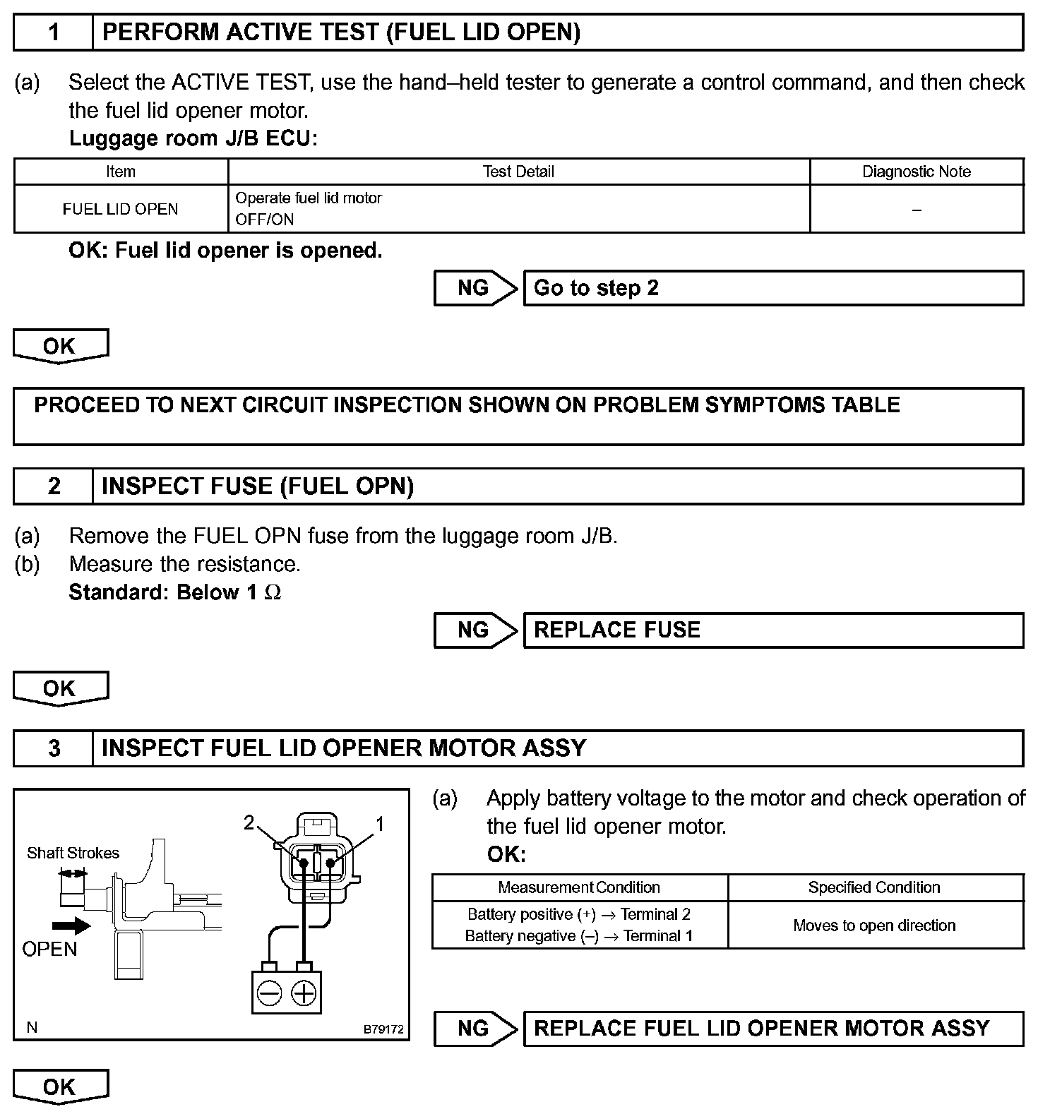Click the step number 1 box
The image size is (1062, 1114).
coord(54,32)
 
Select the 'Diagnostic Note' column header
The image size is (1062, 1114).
coord(916,172)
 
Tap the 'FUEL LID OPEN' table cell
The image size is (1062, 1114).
coord(121,209)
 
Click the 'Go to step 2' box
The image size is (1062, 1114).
coord(772,288)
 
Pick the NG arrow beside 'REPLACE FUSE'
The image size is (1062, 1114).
coord(475,630)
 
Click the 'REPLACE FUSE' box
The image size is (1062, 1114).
coord(772,630)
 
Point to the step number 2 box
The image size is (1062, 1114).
coord(54,486)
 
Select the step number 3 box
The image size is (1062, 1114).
coord(54,748)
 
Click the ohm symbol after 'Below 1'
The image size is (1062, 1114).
coord(273,593)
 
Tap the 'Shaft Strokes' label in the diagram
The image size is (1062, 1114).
coord(73,853)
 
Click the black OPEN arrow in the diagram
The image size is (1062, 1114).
coord(71,926)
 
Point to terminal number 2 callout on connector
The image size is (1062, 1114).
coord(249,822)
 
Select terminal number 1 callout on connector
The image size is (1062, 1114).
coord(380,823)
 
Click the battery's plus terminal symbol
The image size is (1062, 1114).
coord(304,994)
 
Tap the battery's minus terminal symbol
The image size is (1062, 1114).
coord(269,994)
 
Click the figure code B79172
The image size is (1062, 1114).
coord(383,1029)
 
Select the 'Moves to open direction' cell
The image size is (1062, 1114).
coord(874,926)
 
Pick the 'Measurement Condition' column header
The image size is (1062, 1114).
coord(579,887)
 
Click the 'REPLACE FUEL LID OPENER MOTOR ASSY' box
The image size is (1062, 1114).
coord(772,1029)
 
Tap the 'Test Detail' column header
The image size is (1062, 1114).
coord(518,172)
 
